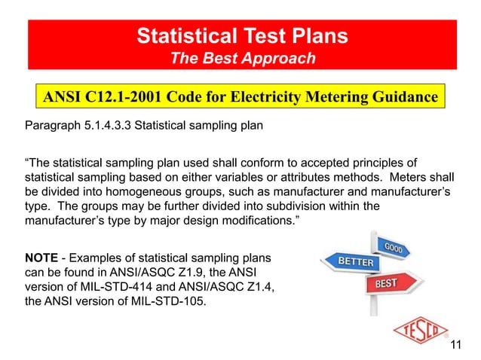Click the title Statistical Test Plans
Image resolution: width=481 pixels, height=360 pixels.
coord(242,35)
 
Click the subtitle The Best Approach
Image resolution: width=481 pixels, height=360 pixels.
coord(242,59)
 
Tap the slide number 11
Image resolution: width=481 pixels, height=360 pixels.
coord(455,346)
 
